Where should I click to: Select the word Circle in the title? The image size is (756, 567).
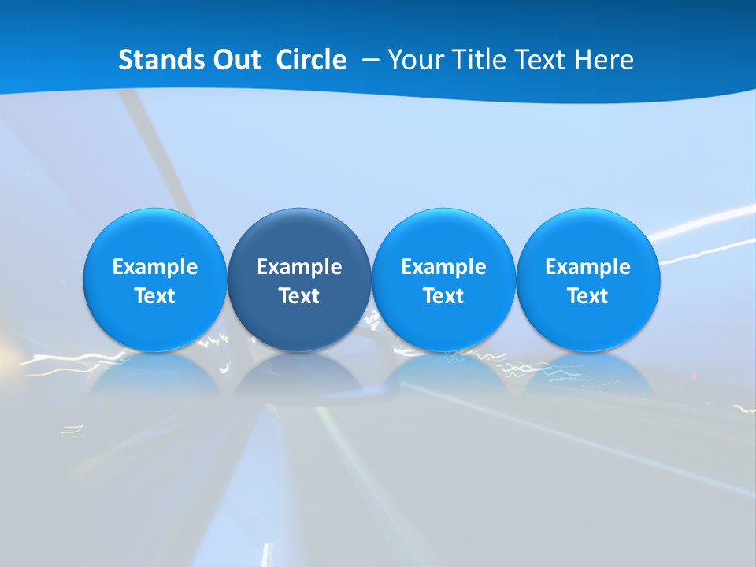click(x=311, y=60)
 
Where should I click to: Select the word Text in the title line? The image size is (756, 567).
click(x=543, y=60)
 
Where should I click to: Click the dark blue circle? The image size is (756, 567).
click(x=299, y=280)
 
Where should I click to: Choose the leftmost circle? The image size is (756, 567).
click(x=154, y=280)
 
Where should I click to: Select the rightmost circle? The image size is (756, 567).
click(x=588, y=280)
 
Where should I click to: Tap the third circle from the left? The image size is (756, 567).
click(x=443, y=280)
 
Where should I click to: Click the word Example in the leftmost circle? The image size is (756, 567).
click(x=154, y=267)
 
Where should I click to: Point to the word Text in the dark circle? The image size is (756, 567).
click(x=299, y=296)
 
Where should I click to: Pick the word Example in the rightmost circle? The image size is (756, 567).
click(x=588, y=267)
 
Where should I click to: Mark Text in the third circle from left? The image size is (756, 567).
click(x=443, y=296)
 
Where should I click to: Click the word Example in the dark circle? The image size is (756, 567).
click(x=299, y=267)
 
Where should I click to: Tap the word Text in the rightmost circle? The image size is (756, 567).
click(x=588, y=296)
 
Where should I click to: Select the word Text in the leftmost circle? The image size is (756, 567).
click(x=154, y=296)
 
